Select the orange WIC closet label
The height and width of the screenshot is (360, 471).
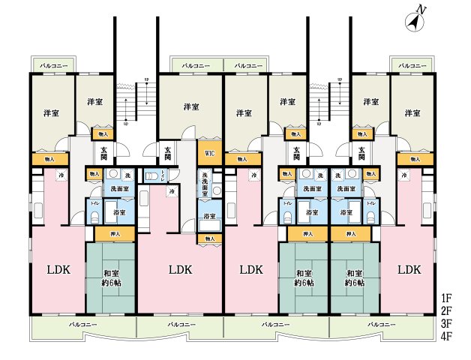tap(209, 154)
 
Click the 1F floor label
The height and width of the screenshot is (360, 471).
tap(447, 297)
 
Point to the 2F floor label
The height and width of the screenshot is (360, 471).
tap(447, 310)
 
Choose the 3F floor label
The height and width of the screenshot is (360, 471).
tap(447, 323)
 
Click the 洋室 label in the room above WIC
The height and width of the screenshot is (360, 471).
tap(191, 106)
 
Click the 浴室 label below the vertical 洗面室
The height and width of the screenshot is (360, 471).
tap(209, 217)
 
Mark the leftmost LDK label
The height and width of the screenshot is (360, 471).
tap(58, 268)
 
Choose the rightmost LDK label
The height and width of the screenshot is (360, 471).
tap(409, 268)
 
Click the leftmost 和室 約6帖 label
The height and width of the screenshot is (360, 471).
tap(110, 278)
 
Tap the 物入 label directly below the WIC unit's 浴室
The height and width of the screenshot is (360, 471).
tap(209, 239)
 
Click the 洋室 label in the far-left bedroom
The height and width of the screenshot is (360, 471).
tap(51, 113)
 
